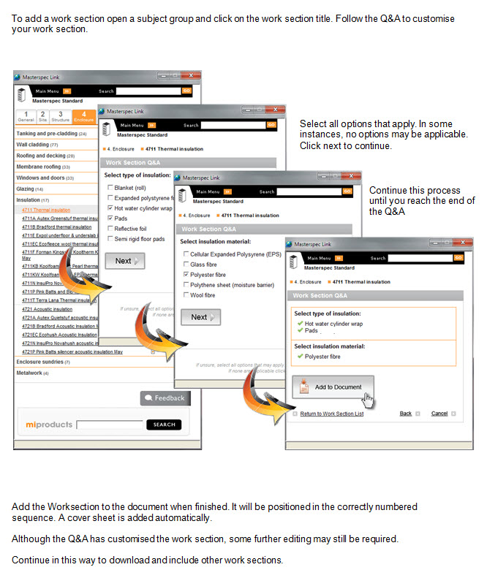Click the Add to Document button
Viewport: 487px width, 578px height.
click(x=333, y=387)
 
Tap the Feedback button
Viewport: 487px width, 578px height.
click(x=165, y=398)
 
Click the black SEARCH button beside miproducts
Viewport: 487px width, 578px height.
click(x=164, y=425)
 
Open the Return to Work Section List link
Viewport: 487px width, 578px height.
click(x=331, y=414)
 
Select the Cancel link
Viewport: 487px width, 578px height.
click(x=439, y=414)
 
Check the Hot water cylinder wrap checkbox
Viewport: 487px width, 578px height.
click(x=110, y=208)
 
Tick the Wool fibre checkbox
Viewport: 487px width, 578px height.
click(x=186, y=295)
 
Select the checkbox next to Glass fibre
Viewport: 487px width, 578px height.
click(x=186, y=265)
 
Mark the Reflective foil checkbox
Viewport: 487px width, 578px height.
click(x=110, y=229)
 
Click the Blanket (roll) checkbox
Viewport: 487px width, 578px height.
click(x=110, y=188)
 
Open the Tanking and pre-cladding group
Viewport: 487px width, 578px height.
click(x=51, y=134)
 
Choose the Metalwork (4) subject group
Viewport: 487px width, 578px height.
click(x=32, y=373)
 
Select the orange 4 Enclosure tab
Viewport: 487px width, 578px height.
click(x=84, y=116)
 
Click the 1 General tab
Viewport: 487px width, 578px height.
click(x=26, y=116)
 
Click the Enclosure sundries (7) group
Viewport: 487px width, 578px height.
click(x=43, y=362)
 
